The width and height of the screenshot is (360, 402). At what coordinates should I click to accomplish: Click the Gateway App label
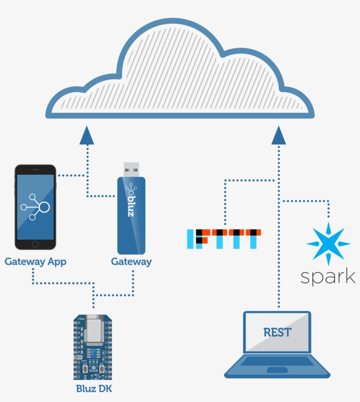[36, 262]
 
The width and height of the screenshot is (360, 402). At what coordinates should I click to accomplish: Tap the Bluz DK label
[94, 388]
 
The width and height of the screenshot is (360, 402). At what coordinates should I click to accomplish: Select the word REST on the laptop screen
[277, 332]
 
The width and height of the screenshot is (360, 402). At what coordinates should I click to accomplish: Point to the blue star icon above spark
[328, 244]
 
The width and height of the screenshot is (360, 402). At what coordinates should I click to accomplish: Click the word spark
[328, 277]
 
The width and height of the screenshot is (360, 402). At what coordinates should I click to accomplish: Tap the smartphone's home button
[36, 244]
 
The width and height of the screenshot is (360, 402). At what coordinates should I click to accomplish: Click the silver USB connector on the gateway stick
[131, 169]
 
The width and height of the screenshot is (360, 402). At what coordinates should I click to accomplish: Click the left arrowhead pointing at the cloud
[87, 135]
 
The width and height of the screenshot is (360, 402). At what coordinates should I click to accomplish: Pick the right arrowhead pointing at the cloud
[279, 135]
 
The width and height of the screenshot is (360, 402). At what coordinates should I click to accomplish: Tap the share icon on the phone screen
[35, 206]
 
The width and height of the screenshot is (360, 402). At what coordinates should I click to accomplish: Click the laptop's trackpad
[277, 370]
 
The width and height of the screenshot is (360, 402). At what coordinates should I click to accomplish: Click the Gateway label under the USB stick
[131, 262]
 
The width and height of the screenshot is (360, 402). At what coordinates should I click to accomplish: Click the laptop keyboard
[277, 361]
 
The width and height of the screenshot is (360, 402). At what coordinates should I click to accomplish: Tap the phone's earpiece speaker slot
[36, 169]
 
